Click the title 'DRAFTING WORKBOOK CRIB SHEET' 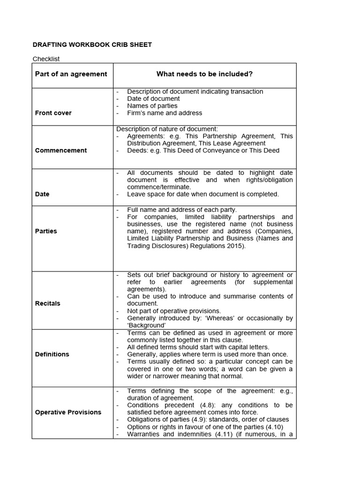click(x=92, y=45)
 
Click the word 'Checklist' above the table click(x=46, y=59)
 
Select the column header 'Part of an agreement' click(x=71, y=74)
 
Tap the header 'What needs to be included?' click(x=204, y=74)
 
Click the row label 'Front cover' click(x=53, y=113)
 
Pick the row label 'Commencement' click(x=61, y=150)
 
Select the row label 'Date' click(x=42, y=194)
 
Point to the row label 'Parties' click(x=46, y=231)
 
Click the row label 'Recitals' click(x=48, y=303)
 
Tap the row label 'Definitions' click(x=52, y=354)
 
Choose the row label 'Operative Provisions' click(x=68, y=412)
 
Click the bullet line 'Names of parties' click(x=152, y=106)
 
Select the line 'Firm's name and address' click(x=165, y=113)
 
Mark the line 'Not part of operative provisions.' click(x=174, y=311)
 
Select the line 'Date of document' click(x=153, y=99)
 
